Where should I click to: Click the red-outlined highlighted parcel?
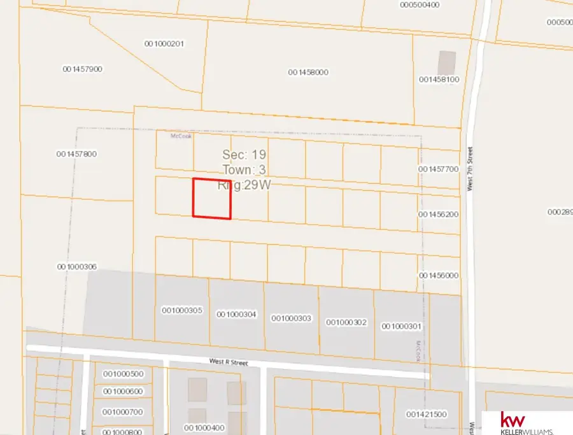pos(212,198)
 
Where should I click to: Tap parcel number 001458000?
pos(308,72)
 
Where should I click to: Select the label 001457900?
pos(83,69)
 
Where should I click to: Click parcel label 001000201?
pos(164,43)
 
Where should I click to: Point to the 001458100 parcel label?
pos(439,80)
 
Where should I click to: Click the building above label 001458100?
pos(447,62)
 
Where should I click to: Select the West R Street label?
pos(228,362)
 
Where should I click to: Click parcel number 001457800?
pos(76,153)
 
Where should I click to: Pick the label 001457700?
pos(439,169)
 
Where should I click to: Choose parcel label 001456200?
pos(439,214)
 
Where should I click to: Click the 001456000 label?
pos(439,275)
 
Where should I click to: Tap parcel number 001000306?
pos(77,267)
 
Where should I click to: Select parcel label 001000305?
pos(182,310)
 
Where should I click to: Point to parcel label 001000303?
pos(292,318)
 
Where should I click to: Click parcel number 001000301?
pos(402,326)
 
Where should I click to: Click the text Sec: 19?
pos(244,155)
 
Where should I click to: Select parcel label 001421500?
pos(426,414)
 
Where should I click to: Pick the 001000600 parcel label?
pos(123,391)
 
